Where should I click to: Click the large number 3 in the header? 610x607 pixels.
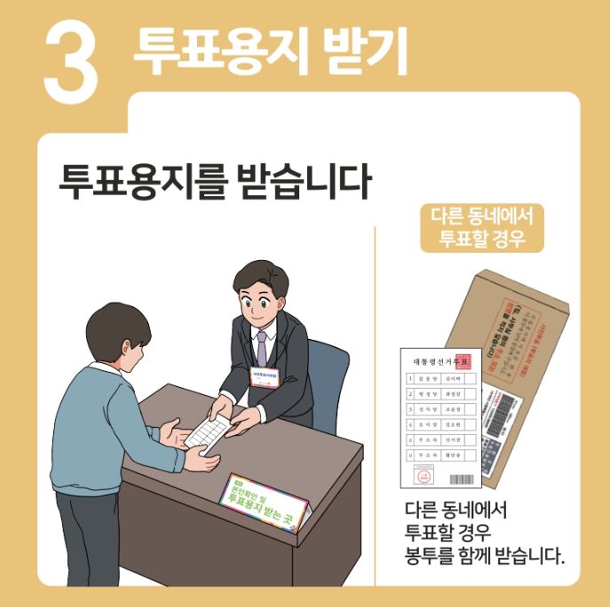(70, 59)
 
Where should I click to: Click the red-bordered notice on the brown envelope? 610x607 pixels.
(516, 319)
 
